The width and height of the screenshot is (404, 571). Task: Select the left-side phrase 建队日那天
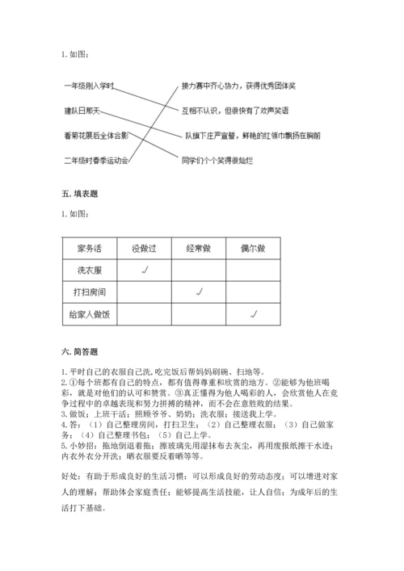click(x=84, y=111)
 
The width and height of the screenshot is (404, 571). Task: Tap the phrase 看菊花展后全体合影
click(x=96, y=136)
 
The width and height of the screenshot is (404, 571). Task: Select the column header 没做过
click(x=143, y=248)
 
